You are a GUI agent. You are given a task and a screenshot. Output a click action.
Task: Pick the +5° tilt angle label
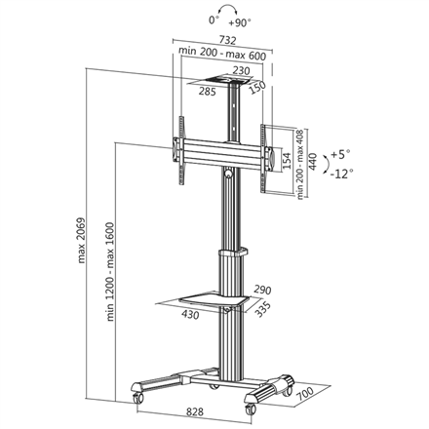[x=340, y=154]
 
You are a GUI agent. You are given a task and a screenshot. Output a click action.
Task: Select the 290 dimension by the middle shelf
[x=262, y=290]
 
